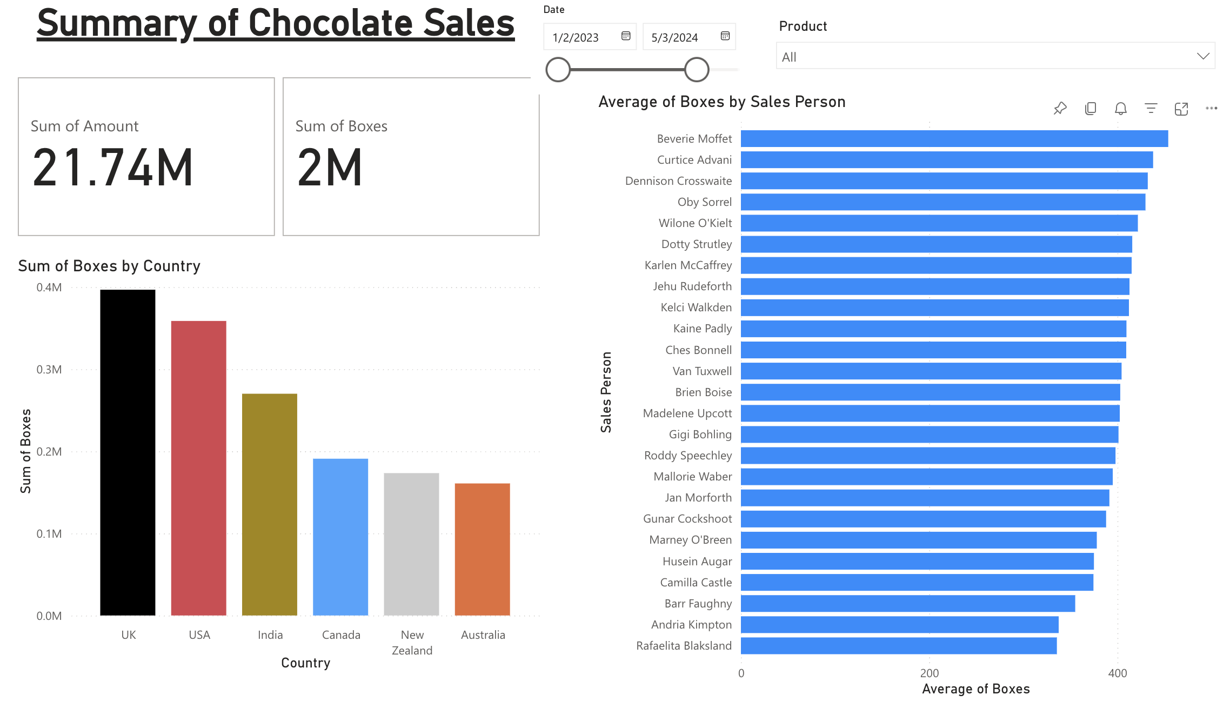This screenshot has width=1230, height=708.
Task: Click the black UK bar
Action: [128, 452]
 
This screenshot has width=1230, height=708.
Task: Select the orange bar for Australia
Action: [482, 549]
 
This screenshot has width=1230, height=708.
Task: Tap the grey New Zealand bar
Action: [411, 544]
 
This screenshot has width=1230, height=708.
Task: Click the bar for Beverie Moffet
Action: [954, 139]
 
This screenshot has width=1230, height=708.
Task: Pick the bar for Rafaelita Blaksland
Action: [898, 646]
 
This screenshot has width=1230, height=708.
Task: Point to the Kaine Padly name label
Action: [702, 329]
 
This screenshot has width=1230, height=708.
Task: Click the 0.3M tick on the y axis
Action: [49, 370]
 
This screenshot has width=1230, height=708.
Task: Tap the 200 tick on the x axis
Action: [930, 673]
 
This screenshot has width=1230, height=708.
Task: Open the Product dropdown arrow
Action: [1203, 56]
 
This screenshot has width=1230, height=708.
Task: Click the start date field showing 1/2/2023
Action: [576, 37]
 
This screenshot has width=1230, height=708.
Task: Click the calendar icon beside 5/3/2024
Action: [725, 36]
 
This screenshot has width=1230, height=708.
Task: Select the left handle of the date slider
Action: [558, 70]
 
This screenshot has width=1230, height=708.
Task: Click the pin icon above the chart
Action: [1060, 109]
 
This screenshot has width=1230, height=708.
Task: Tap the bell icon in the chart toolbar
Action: [1121, 109]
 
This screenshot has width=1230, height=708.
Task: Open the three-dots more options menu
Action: [1212, 109]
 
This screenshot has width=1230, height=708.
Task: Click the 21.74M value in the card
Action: [112, 168]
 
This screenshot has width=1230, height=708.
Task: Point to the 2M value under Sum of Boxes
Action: [330, 168]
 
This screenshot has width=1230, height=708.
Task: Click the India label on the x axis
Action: [270, 635]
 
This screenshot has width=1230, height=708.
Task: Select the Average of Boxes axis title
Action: [975, 689]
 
